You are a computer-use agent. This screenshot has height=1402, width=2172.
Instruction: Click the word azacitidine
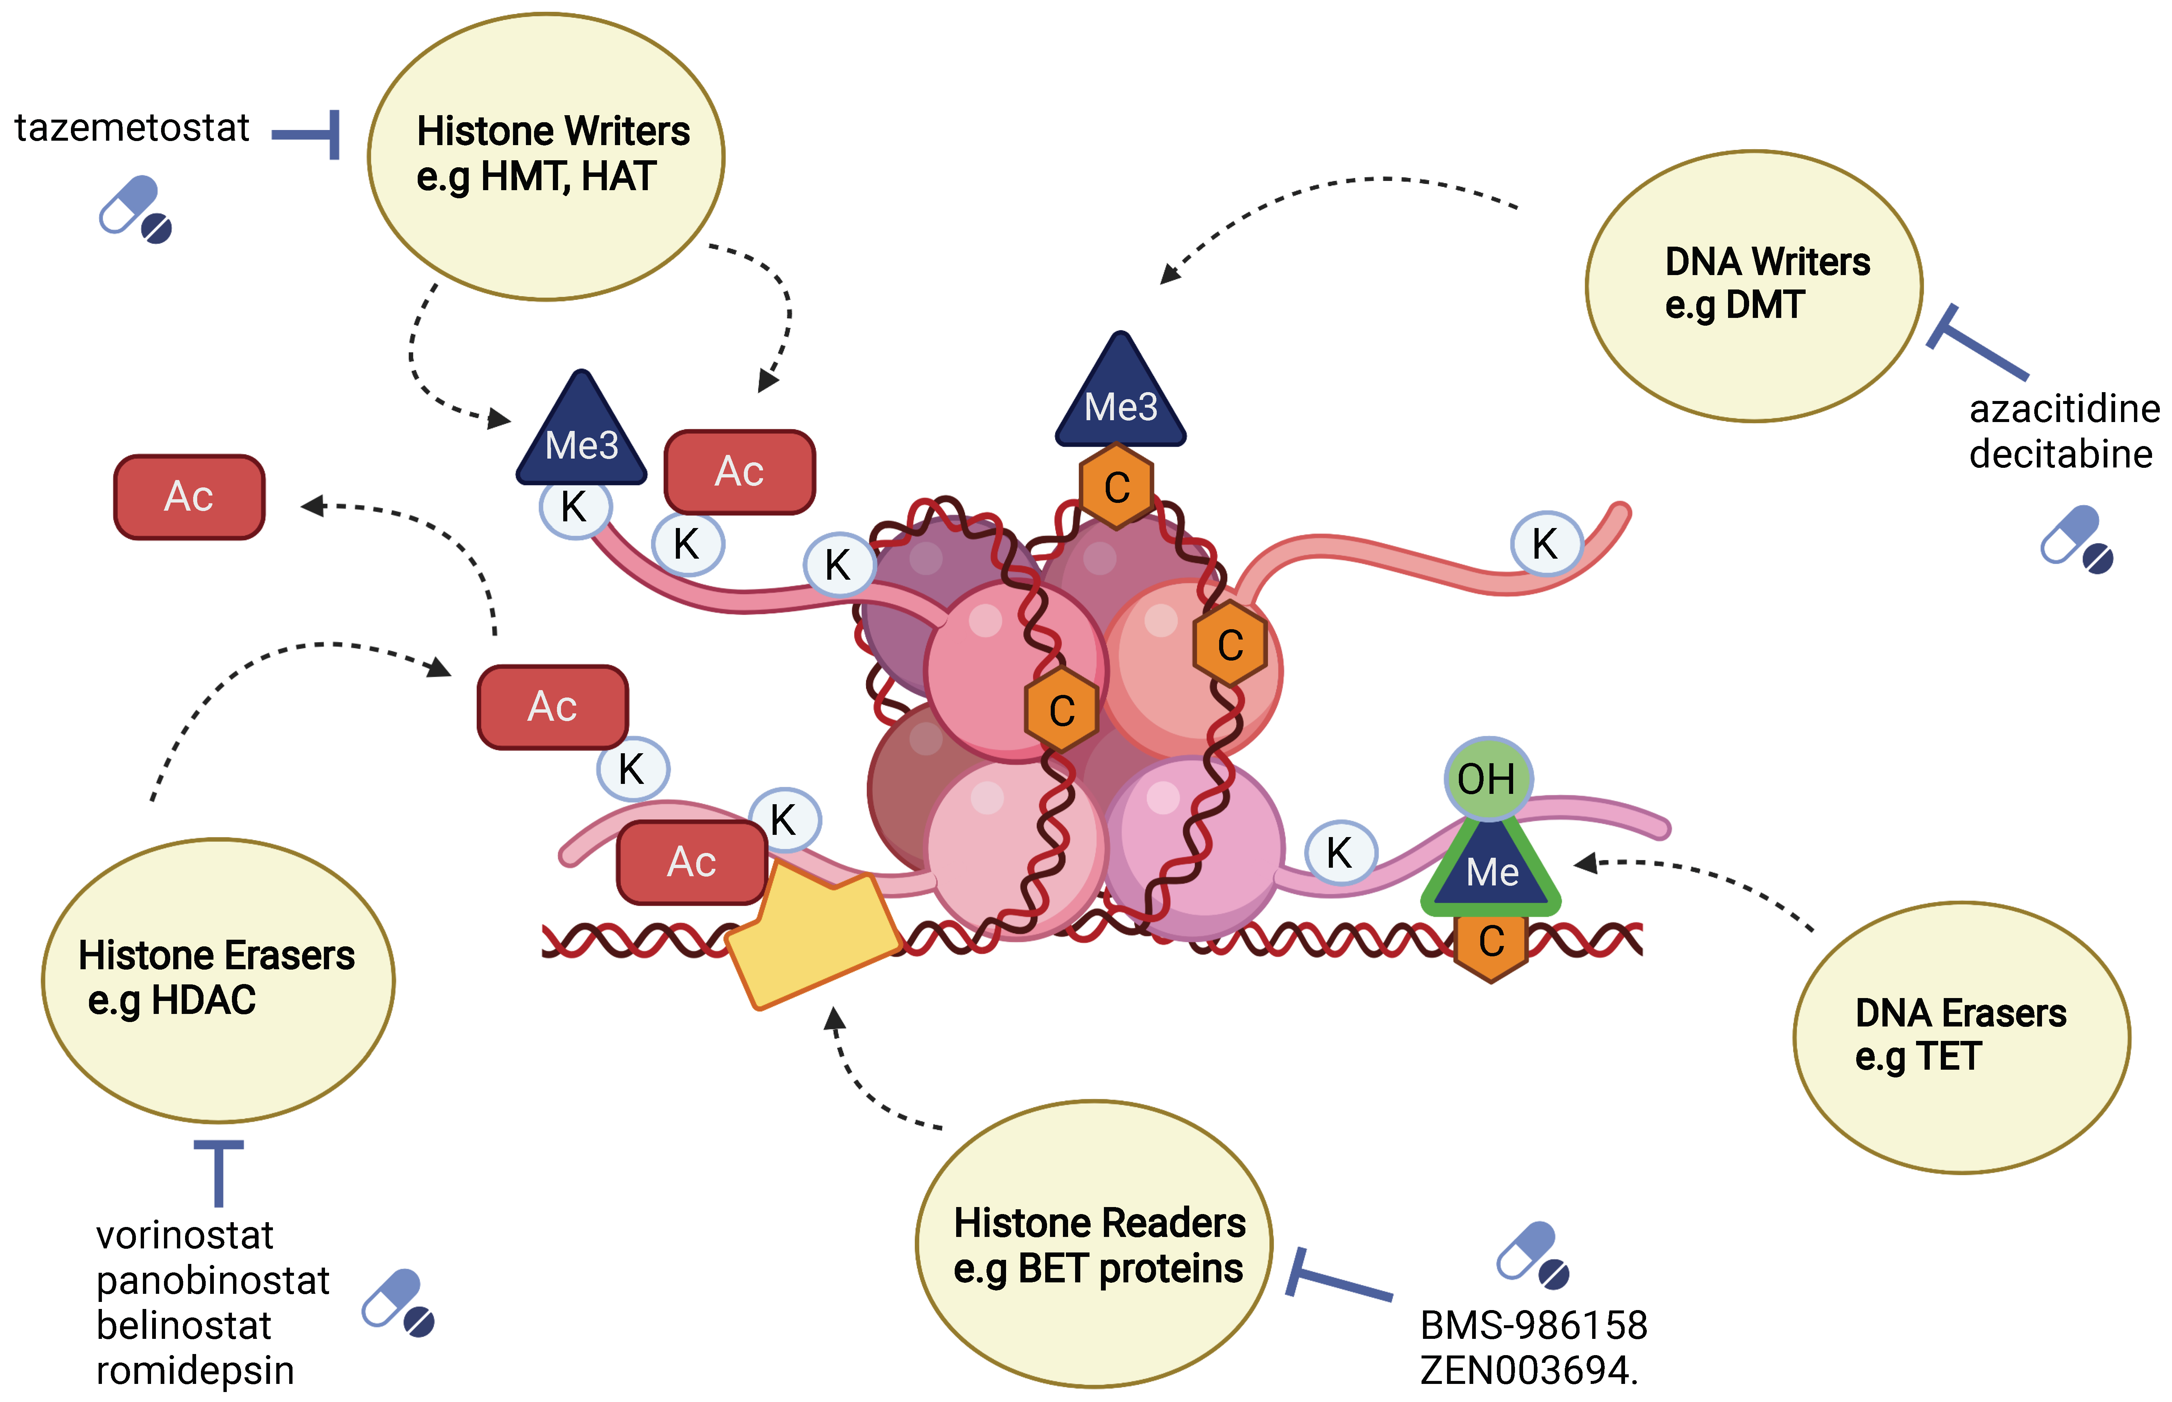(2064, 410)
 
